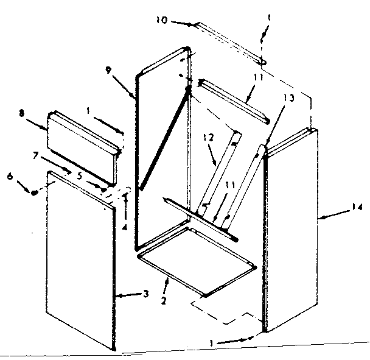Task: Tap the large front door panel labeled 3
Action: tap(79, 262)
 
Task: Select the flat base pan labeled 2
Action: tap(198, 256)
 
